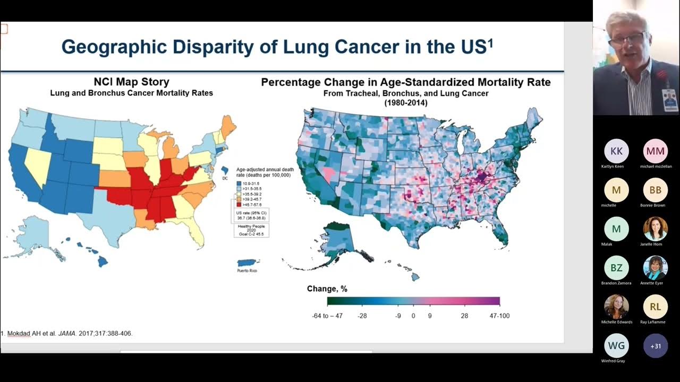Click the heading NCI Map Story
131,82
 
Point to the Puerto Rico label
247,271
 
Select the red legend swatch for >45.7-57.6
239,204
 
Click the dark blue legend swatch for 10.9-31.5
239,183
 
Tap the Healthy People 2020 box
252,230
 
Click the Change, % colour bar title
327,289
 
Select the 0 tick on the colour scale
413,316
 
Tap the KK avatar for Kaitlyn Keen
616,151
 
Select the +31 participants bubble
656,346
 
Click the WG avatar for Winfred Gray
616,346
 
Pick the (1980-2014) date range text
405,103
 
